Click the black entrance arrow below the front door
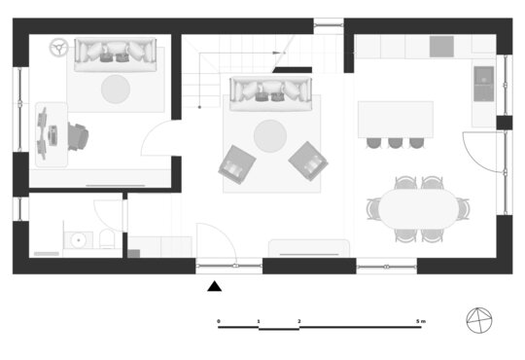click(x=214, y=287)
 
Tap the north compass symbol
click(x=479, y=320)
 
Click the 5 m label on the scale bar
click(x=421, y=321)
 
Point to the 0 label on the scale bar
click(x=219, y=321)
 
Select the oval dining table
click(x=418, y=209)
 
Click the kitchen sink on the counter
click(x=483, y=84)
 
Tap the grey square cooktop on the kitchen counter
click(x=441, y=47)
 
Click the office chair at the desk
click(x=78, y=136)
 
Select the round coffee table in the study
click(x=116, y=89)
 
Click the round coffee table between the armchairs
click(x=270, y=136)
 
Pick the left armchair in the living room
click(x=237, y=164)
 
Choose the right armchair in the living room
click(x=308, y=162)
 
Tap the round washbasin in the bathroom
click(x=79, y=240)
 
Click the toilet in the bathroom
click(x=107, y=238)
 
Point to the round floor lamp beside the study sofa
click(x=59, y=48)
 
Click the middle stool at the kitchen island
click(x=395, y=143)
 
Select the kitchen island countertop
click(x=396, y=120)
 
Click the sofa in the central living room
click(x=270, y=93)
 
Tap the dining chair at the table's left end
click(x=373, y=209)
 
